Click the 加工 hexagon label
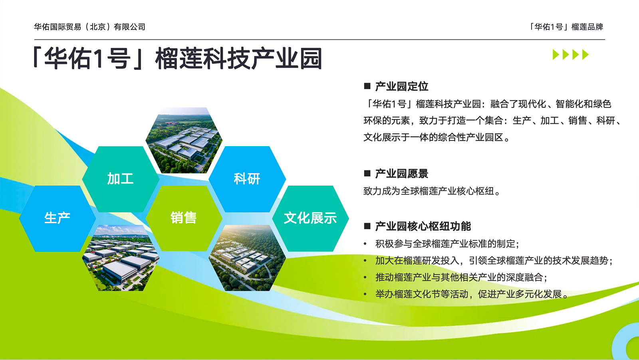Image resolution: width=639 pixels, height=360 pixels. [x=120, y=179]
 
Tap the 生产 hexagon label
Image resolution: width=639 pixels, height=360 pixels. [x=58, y=218]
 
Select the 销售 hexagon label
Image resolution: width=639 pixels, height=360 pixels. [x=184, y=218]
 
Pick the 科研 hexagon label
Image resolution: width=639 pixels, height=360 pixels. [x=247, y=179]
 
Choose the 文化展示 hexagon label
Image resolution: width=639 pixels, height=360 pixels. [x=310, y=218]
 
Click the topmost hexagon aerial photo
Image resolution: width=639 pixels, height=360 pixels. [x=184, y=140]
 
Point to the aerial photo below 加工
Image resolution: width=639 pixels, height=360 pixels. [x=120, y=258]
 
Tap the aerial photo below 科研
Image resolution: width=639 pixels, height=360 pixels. [x=247, y=258]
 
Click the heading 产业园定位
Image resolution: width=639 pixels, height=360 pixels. [x=402, y=86]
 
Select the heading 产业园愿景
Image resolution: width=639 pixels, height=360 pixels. [x=402, y=174]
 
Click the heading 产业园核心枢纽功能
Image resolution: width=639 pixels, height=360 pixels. [x=423, y=226]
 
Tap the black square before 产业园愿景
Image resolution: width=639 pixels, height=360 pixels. [x=367, y=173]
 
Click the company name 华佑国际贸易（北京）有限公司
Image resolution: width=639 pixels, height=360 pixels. [x=89, y=27]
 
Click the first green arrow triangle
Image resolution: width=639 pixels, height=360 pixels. [x=556, y=54]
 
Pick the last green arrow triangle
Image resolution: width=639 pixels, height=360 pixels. [x=585, y=54]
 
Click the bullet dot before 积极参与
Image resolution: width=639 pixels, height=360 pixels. [x=365, y=244]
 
